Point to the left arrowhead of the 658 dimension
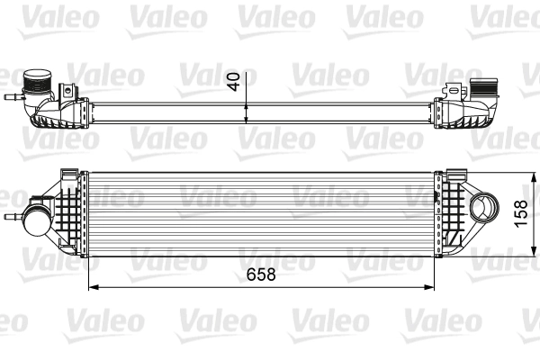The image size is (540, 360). tap(91, 288)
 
